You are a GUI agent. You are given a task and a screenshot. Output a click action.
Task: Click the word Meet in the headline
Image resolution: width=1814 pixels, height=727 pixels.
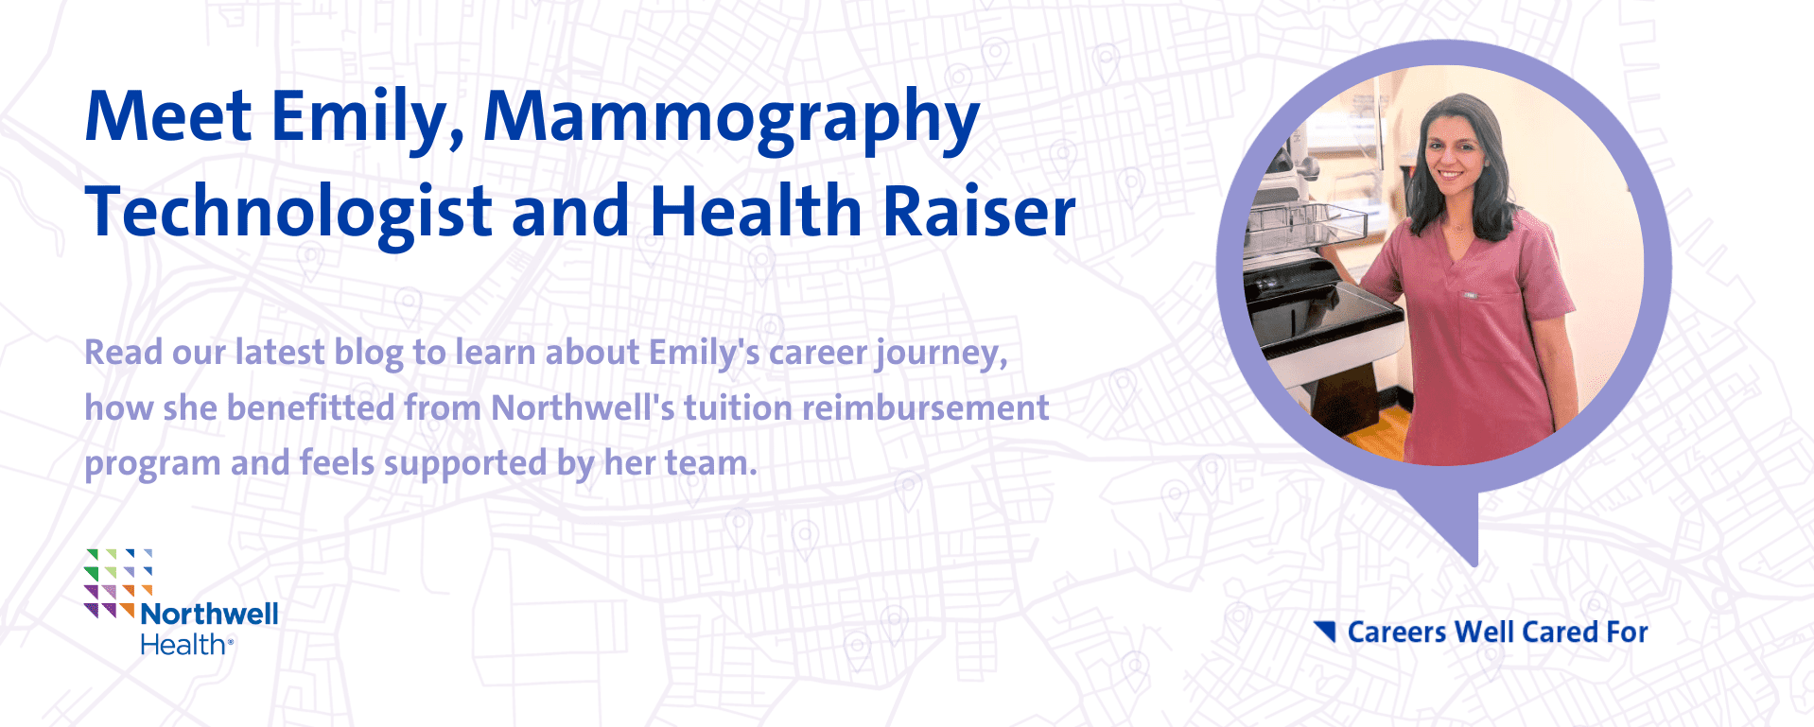click(168, 115)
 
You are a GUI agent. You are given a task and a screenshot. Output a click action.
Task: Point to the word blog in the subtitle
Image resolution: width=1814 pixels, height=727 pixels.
click(370, 354)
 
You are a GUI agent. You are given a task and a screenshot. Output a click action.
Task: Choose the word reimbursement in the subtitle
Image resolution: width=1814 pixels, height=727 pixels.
click(926, 408)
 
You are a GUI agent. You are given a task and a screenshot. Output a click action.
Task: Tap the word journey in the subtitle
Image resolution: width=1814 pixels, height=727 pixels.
click(942, 355)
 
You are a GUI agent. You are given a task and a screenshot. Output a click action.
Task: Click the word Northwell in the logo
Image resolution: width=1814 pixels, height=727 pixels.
click(209, 614)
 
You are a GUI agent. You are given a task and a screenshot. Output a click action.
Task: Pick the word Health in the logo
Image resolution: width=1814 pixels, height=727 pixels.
click(183, 645)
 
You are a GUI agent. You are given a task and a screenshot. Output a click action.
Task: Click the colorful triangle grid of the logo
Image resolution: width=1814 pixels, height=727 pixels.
click(117, 583)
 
